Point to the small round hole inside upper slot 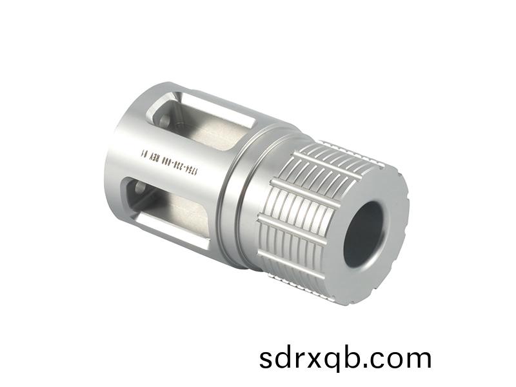pyautogui.click(x=164, y=120)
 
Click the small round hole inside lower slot pyautogui.click(x=138, y=190)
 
